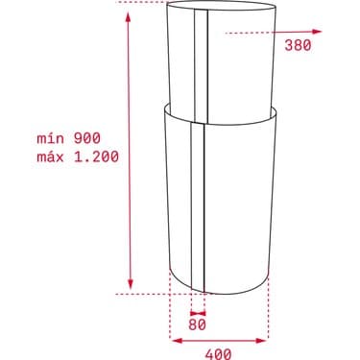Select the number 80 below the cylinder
[198, 324]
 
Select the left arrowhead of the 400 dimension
[174, 338]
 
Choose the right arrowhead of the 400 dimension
[266, 338]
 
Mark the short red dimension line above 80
[198, 311]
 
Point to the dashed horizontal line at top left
[140, 5]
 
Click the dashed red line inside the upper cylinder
[250, 32]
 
